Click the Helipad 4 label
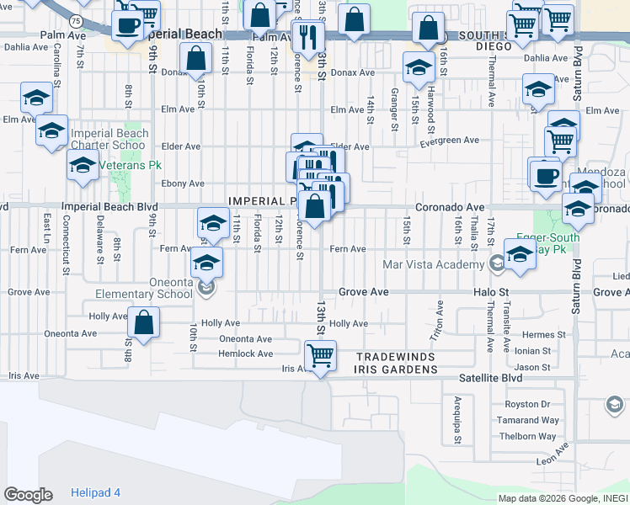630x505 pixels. pos(95,492)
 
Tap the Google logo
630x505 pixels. pos(28,495)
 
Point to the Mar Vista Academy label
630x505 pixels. pos(433,264)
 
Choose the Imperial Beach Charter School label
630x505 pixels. pos(109,139)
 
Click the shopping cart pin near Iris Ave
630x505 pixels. pos(320,356)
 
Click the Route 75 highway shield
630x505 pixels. pos(77,20)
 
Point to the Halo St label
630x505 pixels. pos(491,291)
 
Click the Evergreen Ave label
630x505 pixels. pos(450,141)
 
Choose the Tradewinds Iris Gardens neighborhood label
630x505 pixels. pos(400,363)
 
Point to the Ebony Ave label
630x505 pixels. pos(184,183)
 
